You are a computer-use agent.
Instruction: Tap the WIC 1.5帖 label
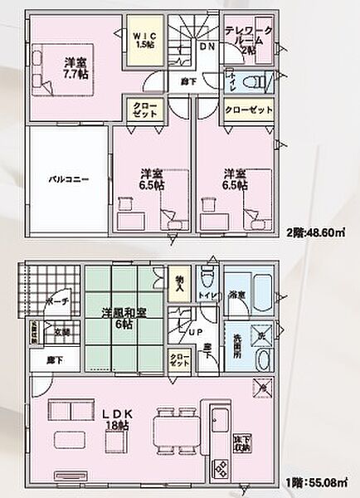[144, 39]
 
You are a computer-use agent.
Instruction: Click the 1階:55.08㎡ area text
[315, 481]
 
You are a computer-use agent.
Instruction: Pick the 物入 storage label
[179, 283]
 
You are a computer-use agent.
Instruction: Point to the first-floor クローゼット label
[179, 359]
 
